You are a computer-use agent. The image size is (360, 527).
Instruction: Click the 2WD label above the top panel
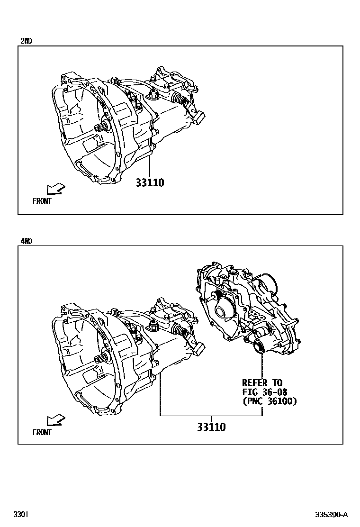[26, 41]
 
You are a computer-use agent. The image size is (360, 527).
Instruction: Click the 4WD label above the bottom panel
[26, 241]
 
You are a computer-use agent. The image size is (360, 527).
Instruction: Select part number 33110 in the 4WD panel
[211, 427]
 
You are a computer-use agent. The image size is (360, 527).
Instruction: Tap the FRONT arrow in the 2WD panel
[56, 189]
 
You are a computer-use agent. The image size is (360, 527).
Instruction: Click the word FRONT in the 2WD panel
[42, 201]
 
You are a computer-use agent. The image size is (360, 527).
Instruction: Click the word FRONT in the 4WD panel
[42, 432]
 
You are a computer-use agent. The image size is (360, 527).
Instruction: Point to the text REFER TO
[262, 383]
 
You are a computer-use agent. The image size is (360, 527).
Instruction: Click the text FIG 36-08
[265, 392]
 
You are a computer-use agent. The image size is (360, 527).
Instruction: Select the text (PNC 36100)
[270, 401]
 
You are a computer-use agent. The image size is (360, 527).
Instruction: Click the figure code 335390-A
[332, 515]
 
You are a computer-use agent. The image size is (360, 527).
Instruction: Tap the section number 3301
[21, 515]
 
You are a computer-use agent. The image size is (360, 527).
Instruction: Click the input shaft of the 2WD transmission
[101, 127]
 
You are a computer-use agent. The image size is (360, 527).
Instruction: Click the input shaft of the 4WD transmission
[101, 358]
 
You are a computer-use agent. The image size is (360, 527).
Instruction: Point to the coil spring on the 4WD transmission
[179, 331]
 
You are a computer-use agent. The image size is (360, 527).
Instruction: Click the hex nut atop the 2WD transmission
[154, 93]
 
